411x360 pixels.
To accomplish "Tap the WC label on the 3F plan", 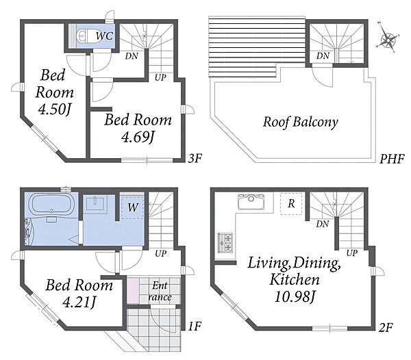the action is coord(104,36).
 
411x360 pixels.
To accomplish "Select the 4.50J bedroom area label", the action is coord(55,110).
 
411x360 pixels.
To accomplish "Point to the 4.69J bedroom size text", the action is coord(138,136).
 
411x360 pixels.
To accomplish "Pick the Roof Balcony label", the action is coord(301,122).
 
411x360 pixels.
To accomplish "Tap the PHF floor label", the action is coord(392,158).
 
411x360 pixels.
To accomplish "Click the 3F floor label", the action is coord(195,158).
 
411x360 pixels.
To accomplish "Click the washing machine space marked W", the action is coord(132,207).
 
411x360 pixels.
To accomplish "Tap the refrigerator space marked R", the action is coord(291,204).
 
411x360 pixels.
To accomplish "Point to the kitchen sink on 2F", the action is coord(251,202).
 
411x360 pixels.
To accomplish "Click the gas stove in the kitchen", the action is coord(225,243).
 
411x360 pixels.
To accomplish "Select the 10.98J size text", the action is coord(295,296).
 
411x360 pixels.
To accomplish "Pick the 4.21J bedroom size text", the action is coord(79,303).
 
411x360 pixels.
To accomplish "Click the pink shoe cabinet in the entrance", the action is coord(133,291).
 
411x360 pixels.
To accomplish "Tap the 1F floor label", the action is coord(195,326).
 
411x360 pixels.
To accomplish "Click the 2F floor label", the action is coord(386,327).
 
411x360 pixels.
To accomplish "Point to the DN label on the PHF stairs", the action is coord(323,55).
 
